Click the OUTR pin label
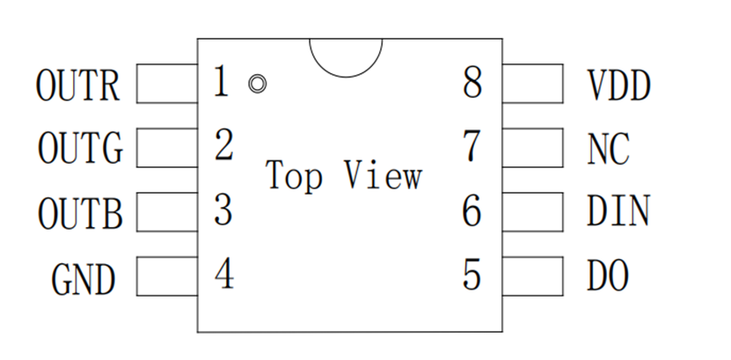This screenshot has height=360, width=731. (78, 84)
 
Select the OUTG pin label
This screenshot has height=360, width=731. (80, 148)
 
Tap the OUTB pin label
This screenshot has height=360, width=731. (80, 214)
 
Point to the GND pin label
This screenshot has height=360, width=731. (83, 279)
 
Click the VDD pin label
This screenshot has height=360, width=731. (618, 85)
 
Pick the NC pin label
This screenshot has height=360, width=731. (609, 149)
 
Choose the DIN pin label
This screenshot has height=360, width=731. (618, 211)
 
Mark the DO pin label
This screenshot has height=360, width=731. (608, 276)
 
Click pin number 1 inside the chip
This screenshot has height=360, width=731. (222, 81)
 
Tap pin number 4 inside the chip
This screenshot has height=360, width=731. (224, 274)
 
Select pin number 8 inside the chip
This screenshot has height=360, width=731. (472, 82)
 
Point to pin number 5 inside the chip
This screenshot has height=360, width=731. (471, 275)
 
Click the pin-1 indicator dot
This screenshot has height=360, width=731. (258, 84)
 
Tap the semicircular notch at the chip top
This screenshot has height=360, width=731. (346, 77)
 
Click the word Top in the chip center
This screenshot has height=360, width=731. (294, 176)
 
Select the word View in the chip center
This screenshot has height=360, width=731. (384, 174)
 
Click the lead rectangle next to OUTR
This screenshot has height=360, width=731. (167, 84)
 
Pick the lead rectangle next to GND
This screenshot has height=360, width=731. (167, 276)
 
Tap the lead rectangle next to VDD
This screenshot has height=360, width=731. (533, 84)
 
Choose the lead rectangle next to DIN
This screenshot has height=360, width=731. (533, 212)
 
